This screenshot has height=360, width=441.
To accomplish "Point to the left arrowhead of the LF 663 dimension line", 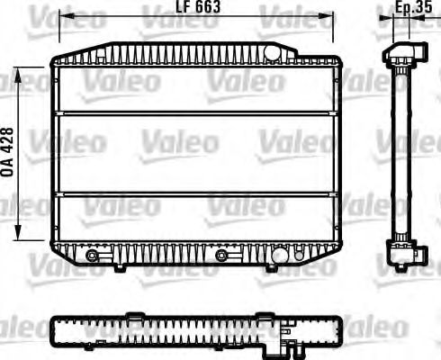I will tap(59, 14).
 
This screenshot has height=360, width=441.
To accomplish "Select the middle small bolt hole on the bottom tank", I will tap(220, 255).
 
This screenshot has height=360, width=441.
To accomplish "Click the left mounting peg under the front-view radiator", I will tap(121, 267).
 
